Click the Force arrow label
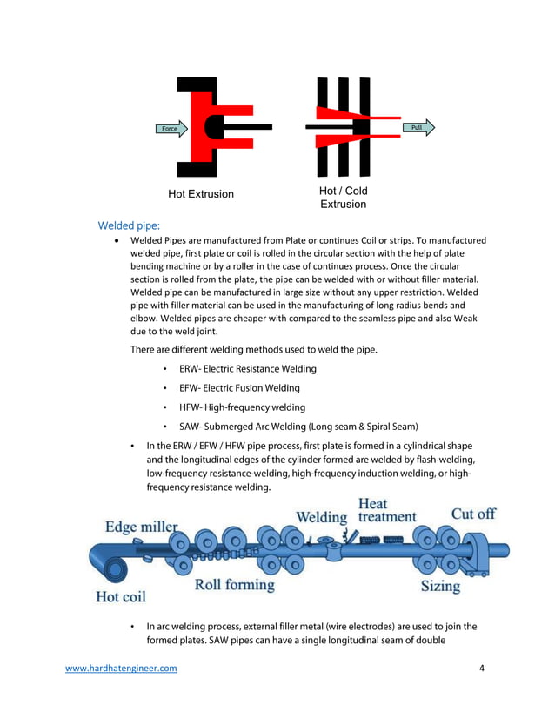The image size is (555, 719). click(x=170, y=129)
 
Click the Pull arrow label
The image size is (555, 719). click(x=417, y=128)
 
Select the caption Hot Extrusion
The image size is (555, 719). click(x=201, y=194)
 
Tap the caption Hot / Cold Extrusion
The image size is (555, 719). click(x=344, y=198)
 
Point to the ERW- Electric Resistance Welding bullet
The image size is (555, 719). click(x=248, y=369)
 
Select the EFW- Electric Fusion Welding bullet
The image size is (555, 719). click(x=239, y=388)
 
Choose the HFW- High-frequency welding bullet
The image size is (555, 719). click(x=242, y=407)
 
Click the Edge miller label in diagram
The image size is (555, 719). click(x=141, y=527)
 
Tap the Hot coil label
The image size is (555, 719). click(x=121, y=597)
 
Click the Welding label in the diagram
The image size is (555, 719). click(x=321, y=517)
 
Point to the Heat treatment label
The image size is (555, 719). click(x=387, y=510)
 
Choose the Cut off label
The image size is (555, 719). click(x=472, y=514)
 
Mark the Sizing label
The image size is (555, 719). click(x=440, y=586)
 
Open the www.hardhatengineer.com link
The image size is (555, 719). click(x=122, y=669)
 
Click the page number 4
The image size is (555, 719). click(x=482, y=669)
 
